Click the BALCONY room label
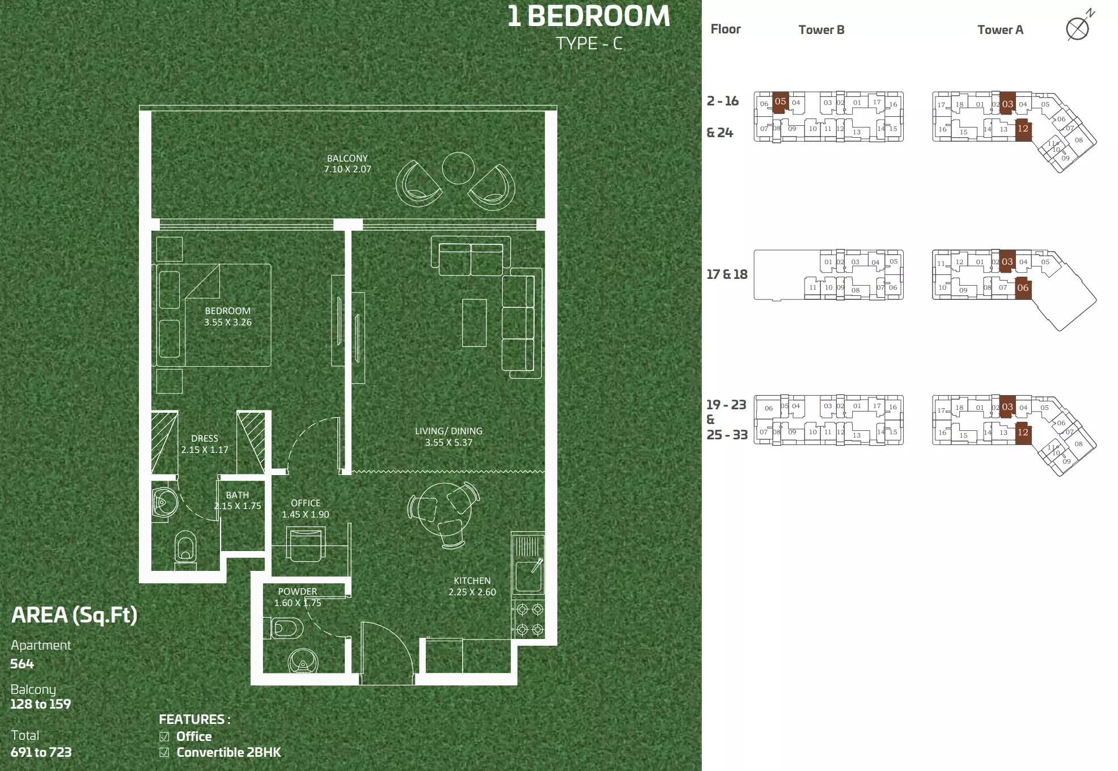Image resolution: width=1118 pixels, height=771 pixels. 347,158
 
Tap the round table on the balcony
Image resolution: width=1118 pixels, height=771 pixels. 458,168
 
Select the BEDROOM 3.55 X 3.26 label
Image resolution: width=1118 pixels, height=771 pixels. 227,316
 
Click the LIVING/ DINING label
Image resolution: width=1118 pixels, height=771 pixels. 448,431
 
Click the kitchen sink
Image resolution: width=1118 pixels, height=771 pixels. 528,574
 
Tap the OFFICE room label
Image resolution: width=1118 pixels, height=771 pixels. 306,503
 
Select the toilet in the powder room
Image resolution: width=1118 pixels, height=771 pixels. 287,628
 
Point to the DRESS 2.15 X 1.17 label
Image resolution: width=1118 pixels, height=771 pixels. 205,444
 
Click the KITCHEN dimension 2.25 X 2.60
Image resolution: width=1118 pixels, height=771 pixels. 472,592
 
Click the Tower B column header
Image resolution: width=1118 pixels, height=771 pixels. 821,29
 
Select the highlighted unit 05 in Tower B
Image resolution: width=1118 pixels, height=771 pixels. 780,103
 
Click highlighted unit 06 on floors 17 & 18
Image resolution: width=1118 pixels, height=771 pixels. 1023,288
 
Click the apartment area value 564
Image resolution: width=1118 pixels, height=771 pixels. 22,664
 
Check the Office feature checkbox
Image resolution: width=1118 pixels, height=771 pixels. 164,736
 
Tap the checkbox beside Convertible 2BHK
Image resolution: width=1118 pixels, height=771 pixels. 164,752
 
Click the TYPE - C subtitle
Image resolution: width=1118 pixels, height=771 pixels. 589,44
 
